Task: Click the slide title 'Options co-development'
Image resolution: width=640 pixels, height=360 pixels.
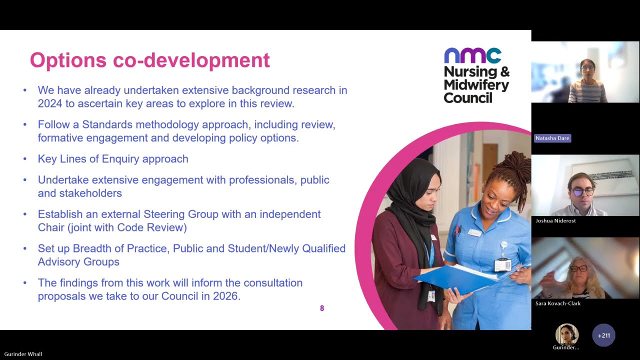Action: [149, 60]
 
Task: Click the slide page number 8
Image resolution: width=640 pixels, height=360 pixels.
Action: [322, 308]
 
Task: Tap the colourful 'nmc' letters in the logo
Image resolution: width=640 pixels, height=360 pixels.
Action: [472, 55]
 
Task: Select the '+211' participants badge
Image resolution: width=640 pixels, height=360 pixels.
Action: [603, 335]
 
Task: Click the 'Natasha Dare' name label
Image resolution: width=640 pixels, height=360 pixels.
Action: [552, 138]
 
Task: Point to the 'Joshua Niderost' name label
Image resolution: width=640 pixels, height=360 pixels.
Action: [555, 220]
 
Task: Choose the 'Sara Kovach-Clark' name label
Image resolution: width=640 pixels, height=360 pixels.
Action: [557, 303]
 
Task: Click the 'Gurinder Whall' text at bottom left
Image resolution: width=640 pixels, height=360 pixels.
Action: [23, 354]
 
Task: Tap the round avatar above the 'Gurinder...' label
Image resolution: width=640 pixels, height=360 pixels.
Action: [566, 334]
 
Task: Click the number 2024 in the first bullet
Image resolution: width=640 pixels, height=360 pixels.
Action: [51, 103]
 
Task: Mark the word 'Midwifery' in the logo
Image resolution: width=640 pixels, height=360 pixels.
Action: [476, 85]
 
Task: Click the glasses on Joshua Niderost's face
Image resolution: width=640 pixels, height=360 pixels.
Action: [582, 191]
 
